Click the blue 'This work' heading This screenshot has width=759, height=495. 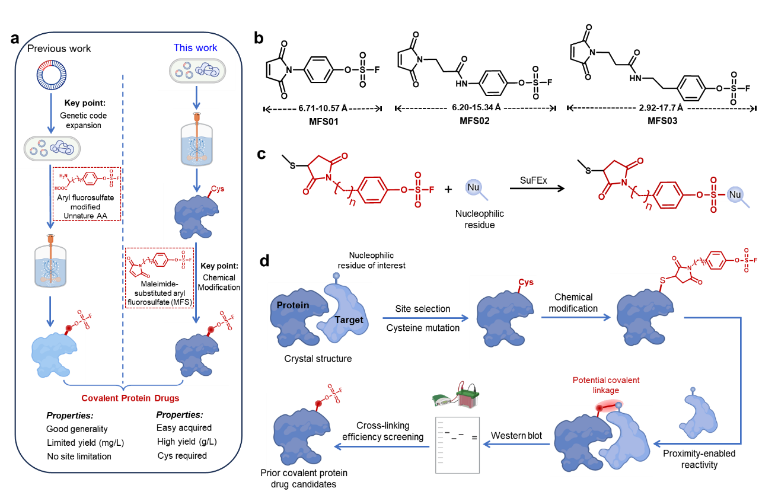[x=195, y=47]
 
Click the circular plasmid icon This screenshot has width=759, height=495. [x=52, y=75]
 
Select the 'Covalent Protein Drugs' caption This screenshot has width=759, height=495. [x=130, y=398]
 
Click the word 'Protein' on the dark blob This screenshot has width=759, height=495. [x=293, y=305]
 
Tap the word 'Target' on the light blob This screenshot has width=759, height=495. [x=349, y=320]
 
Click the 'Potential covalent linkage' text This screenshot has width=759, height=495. [x=605, y=384]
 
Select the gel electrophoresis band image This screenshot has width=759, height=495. [x=457, y=445]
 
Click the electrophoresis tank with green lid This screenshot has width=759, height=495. [x=467, y=396]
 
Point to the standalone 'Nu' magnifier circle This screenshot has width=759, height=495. [x=473, y=188]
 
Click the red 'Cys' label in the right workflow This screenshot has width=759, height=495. [x=526, y=282]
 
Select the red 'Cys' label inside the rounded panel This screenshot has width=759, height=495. [x=218, y=189]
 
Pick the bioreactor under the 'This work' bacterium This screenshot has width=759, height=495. [x=196, y=138]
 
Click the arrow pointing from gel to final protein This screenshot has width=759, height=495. [x=382, y=446]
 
